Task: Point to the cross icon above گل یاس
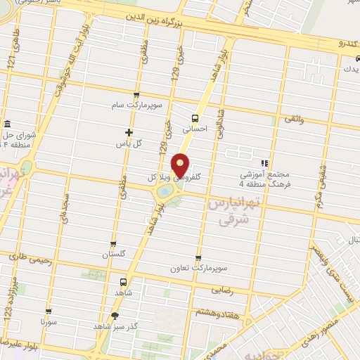129,131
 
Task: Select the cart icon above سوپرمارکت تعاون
198,257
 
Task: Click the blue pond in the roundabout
165,190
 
